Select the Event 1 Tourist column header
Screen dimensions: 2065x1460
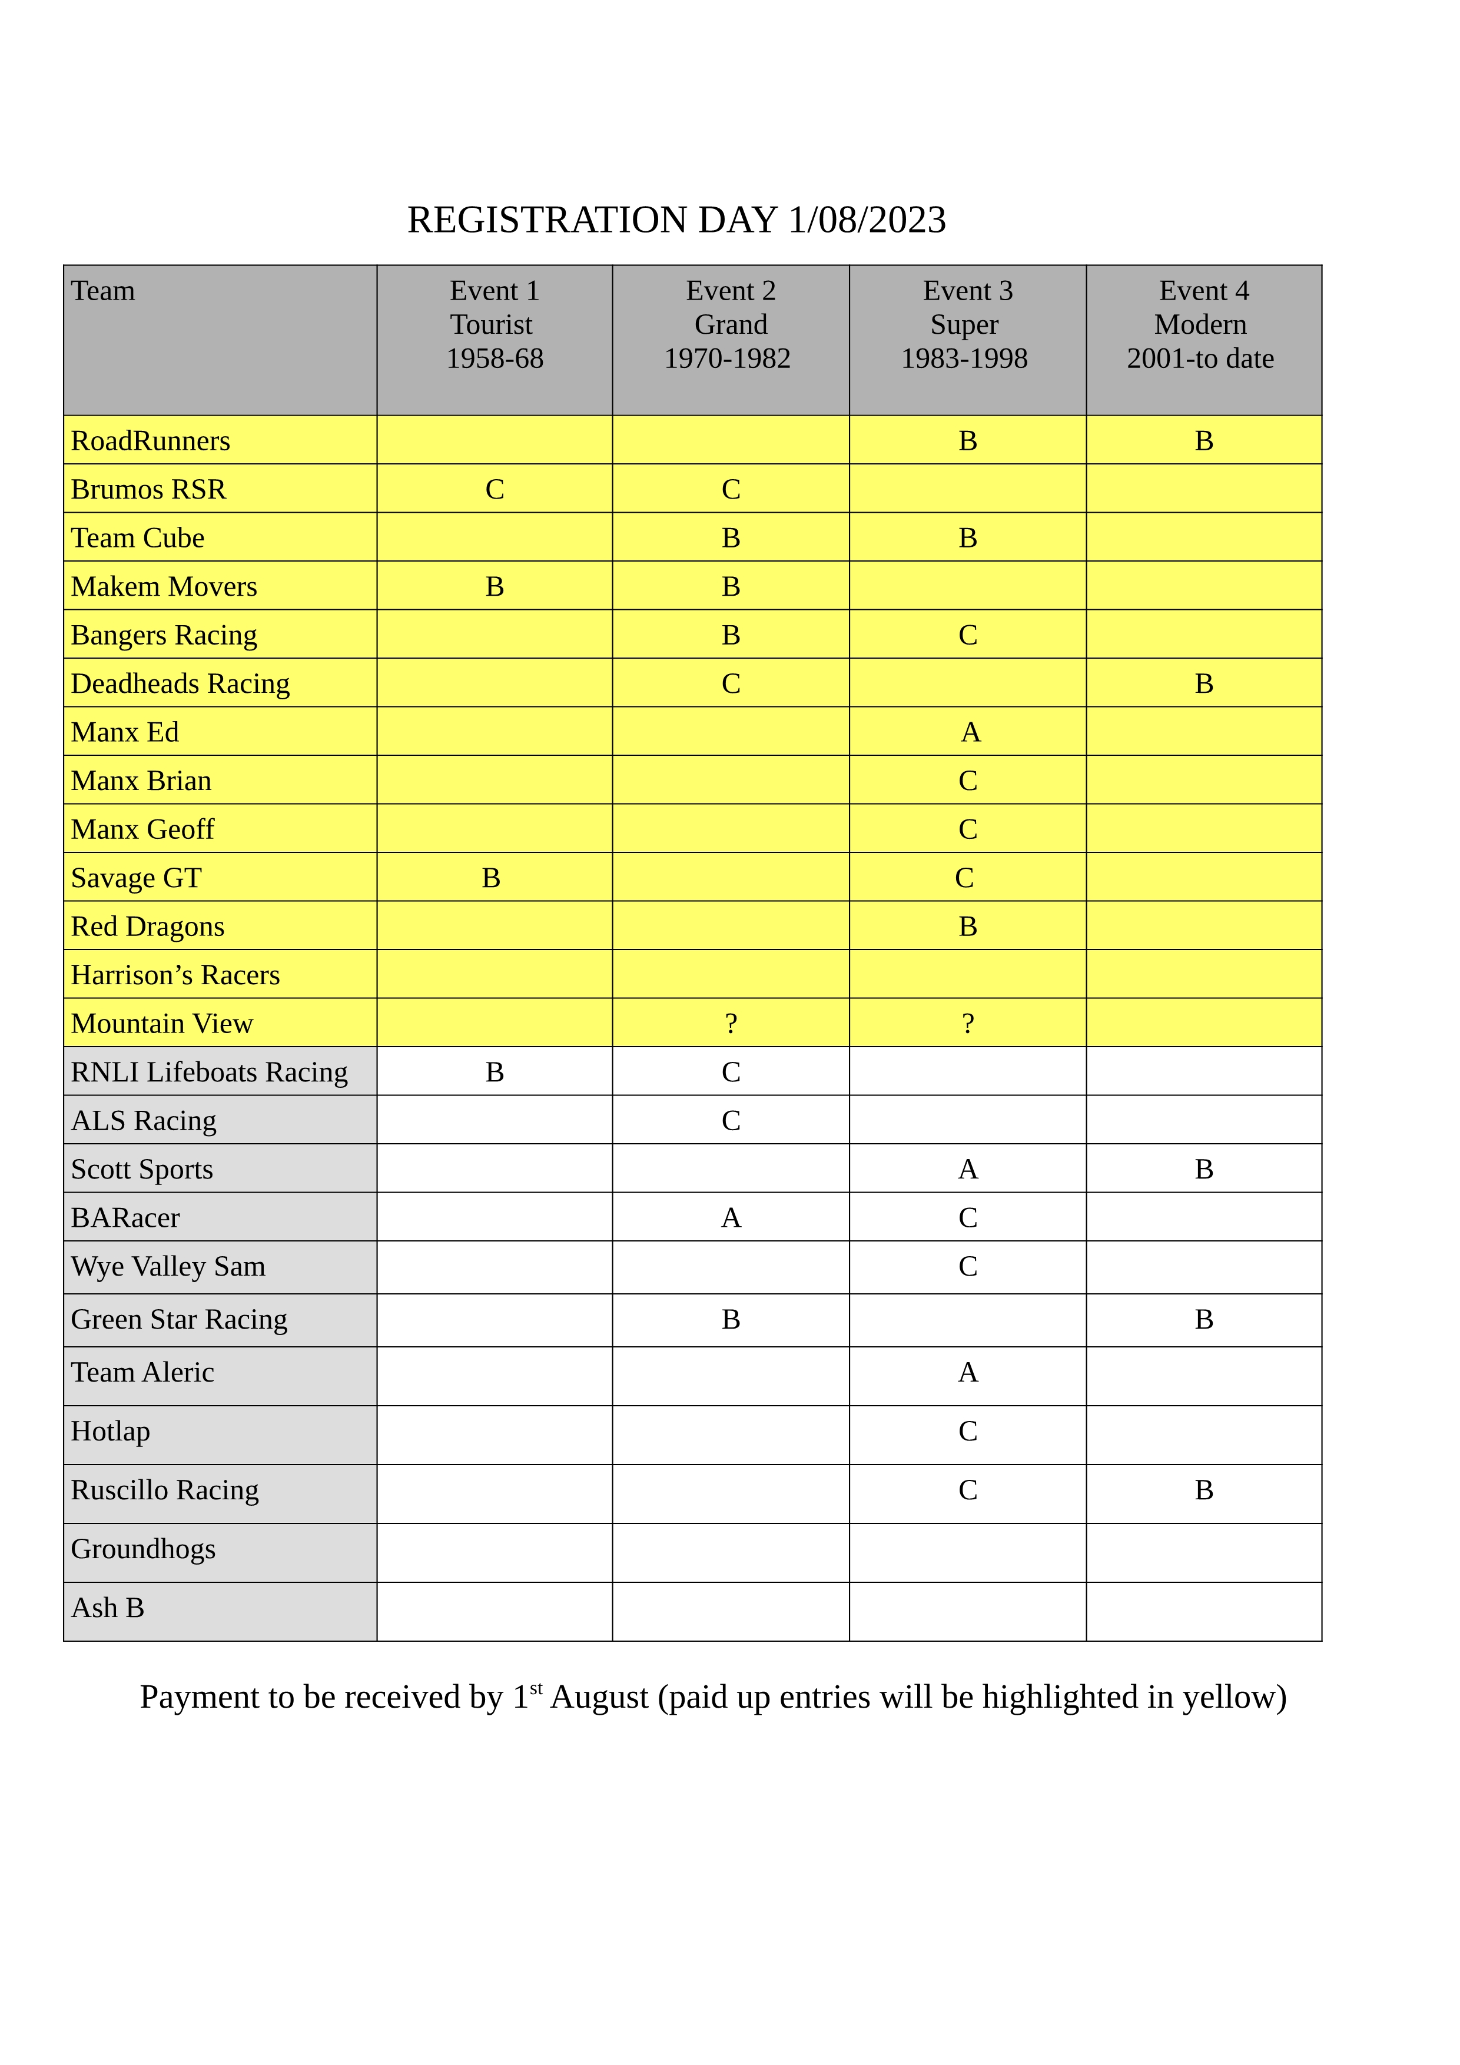tap(494, 324)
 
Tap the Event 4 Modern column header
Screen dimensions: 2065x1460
tap(1203, 324)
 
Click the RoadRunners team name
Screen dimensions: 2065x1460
tap(150, 441)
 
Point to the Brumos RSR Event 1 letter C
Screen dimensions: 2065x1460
tap(494, 489)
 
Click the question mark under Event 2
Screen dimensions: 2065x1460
tap(731, 1024)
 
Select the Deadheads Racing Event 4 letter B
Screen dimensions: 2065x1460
tap(1204, 683)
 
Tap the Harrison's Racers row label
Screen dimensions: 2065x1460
tap(175, 975)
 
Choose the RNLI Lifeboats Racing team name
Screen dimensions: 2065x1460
tap(209, 1072)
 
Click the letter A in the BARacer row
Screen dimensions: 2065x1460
tap(731, 1218)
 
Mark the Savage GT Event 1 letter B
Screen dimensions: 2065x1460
tap(490, 878)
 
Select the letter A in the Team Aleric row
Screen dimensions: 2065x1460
tap(968, 1373)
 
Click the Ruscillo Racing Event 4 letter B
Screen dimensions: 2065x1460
tap(1204, 1490)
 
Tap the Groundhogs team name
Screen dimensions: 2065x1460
tap(143, 1549)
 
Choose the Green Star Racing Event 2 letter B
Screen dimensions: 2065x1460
tap(731, 1319)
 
